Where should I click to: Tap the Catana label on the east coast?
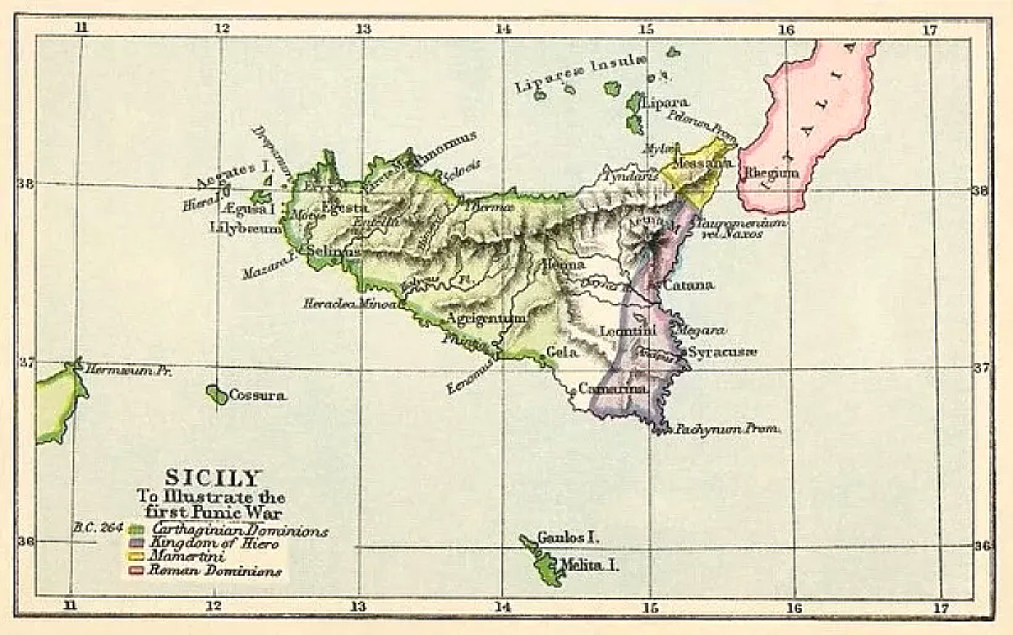pyautogui.click(x=688, y=285)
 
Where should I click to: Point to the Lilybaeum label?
pyautogui.click(x=246, y=227)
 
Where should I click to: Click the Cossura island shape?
pyautogui.click(x=216, y=394)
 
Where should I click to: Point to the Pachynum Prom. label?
pyautogui.click(x=727, y=430)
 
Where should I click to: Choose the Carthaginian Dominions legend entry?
pyautogui.click(x=239, y=531)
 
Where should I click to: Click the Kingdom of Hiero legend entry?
pyautogui.click(x=212, y=545)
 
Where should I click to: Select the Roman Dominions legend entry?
pyautogui.click(x=214, y=572)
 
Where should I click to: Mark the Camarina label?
pyautogui.click(x=613, y=388)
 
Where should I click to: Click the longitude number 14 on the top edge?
pyautogui.click(x=504, y=28)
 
